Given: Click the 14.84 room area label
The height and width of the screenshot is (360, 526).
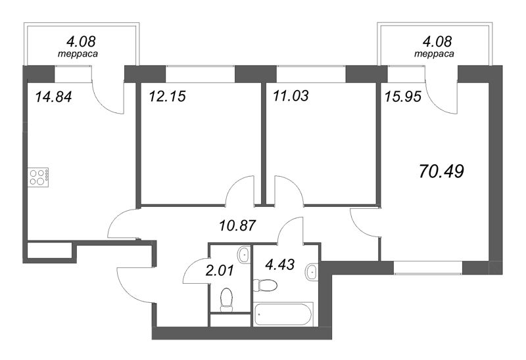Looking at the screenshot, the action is (53, 97).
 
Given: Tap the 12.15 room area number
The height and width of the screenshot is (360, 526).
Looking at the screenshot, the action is (167, 97).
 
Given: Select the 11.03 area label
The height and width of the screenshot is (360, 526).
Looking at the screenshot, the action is (291, 96).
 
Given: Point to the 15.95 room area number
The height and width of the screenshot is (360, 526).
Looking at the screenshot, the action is (403, 97).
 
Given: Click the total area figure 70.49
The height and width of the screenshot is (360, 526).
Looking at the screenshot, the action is (441, 171).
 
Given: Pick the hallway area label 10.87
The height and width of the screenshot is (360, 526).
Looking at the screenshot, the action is (237, 225).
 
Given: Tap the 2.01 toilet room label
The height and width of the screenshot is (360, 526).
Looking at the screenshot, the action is (220, 270).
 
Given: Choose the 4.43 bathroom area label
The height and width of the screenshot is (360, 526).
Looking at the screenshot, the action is (280, 265).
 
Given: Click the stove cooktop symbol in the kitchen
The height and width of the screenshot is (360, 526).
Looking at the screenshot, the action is (38, 177).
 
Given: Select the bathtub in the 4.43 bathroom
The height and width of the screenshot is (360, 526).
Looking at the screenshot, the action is (283, 314).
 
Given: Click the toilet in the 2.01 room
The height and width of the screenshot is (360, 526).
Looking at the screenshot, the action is (227, 300).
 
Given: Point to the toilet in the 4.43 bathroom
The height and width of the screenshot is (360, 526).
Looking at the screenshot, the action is (265, 285).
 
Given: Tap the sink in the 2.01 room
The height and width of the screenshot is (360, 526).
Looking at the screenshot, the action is (244, 256).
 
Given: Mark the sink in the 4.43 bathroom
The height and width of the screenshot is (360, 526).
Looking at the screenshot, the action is (312, 272).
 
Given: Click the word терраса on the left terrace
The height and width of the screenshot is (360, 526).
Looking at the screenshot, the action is (78, 54).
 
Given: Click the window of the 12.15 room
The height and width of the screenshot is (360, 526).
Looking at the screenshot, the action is (200, 74).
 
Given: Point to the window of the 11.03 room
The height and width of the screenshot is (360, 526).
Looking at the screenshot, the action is (311, 74).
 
